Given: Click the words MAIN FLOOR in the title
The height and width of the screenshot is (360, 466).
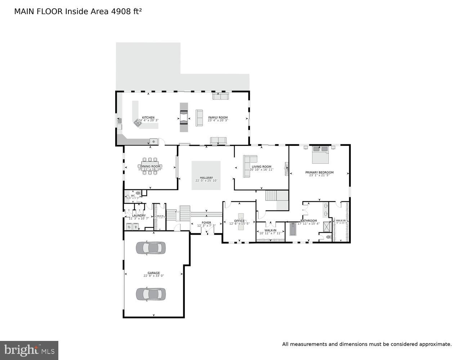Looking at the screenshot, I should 39,12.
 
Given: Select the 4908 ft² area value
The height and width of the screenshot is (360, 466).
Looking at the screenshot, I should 126,12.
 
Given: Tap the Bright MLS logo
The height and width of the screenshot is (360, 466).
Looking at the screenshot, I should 29,350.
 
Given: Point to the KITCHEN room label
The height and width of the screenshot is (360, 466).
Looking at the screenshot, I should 148,118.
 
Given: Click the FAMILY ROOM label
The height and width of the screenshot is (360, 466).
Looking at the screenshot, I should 218,118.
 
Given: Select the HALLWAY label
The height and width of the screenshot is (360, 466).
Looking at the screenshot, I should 206,178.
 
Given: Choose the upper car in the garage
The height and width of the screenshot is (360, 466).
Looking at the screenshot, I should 151,248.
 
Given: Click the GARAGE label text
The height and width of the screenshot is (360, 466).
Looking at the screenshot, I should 153,273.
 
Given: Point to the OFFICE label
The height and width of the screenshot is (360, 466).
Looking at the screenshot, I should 239,221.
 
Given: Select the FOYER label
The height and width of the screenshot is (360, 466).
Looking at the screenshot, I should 206,223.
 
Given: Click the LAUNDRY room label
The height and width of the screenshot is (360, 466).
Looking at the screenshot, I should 139,216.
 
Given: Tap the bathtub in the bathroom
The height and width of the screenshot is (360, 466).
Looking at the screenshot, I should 293,229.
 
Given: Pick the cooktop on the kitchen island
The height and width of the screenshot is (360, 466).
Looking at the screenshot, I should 138,123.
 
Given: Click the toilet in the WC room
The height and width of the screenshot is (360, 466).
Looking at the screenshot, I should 138,193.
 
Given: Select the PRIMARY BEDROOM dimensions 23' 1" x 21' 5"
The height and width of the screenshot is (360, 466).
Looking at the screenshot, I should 319,175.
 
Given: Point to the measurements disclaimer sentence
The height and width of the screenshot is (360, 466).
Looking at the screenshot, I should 367,344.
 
